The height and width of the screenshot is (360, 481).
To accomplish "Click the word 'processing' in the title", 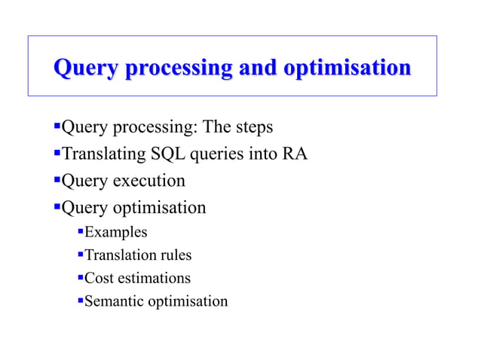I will click(x=173, y=69).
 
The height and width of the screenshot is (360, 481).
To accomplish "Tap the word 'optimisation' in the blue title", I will click(x=348, y=69).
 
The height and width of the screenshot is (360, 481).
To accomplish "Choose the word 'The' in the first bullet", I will click(x=218, y=127).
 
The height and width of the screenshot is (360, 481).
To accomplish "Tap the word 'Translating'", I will click(x=103, y=154).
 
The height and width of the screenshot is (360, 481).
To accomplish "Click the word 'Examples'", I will click(x=115, y=232).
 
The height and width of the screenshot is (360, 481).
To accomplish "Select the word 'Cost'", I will click(x=99, y=279).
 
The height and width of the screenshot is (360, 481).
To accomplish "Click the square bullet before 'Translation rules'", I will click(x=81, y=255).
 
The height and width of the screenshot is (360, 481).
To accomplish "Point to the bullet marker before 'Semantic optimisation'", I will click(x=81, y=301).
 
